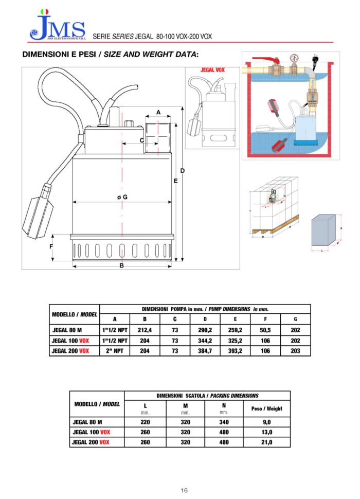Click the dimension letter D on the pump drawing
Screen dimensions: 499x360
(x=182, y=171)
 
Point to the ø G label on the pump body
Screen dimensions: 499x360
(x=122, y=197)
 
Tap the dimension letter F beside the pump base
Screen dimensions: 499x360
(x=51, y=246)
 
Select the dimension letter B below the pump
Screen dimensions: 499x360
(x=121, y=266)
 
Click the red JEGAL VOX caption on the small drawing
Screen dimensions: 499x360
(x=212, y=70)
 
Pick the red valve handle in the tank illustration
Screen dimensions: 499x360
(x=269, y=60)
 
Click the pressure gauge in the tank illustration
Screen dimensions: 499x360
(x=294, y=57)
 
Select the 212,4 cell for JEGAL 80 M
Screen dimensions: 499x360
(x=146, y=330)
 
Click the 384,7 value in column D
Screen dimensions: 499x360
(x=205, y=350)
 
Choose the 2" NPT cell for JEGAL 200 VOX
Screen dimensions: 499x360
(x=115, y=350)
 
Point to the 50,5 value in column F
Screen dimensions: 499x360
(x=265, y=330)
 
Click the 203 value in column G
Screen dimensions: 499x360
(x=295, y=350)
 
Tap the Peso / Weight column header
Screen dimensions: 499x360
(x=267, y=408)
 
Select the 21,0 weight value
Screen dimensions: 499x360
(x=267, y=442)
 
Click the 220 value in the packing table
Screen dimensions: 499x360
(x=146, y=422)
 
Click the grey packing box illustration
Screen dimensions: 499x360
(x=325, y=230)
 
